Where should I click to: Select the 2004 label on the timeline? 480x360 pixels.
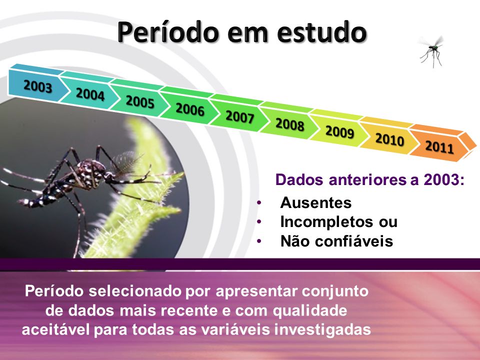(90, 93)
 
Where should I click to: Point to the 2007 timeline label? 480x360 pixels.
(239, 116)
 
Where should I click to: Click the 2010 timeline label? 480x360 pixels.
(389, 139)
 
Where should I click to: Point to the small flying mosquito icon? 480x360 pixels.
(432, 51)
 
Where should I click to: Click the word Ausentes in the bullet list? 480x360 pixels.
(315, 202)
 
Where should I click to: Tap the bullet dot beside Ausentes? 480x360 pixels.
(259, 202)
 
